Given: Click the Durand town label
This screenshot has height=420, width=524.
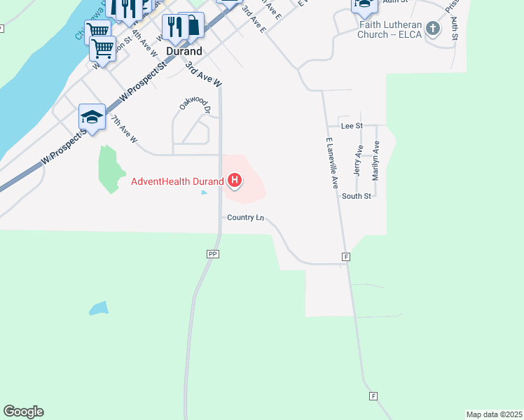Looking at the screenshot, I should (184, 51).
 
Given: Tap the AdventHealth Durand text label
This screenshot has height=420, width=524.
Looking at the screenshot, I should (177, 181).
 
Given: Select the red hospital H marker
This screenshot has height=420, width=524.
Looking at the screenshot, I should (235, 182).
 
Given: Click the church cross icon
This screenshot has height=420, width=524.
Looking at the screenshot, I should (434, 29).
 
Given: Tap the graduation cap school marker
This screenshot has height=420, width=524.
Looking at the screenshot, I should (92, 117).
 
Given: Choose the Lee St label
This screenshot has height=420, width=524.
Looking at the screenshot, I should (351, 126).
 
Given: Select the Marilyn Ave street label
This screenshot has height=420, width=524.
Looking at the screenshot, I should (375, 161).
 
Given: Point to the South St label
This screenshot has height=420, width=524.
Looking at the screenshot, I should (356, 197).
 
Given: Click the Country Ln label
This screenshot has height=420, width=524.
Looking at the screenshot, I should (245, 218).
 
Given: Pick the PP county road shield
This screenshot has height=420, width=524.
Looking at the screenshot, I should (213, 254).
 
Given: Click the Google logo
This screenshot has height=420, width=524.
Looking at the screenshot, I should (23, 412).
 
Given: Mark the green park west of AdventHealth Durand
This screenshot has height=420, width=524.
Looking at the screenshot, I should (109, 169).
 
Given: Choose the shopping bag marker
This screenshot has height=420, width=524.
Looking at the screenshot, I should (191, 26).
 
